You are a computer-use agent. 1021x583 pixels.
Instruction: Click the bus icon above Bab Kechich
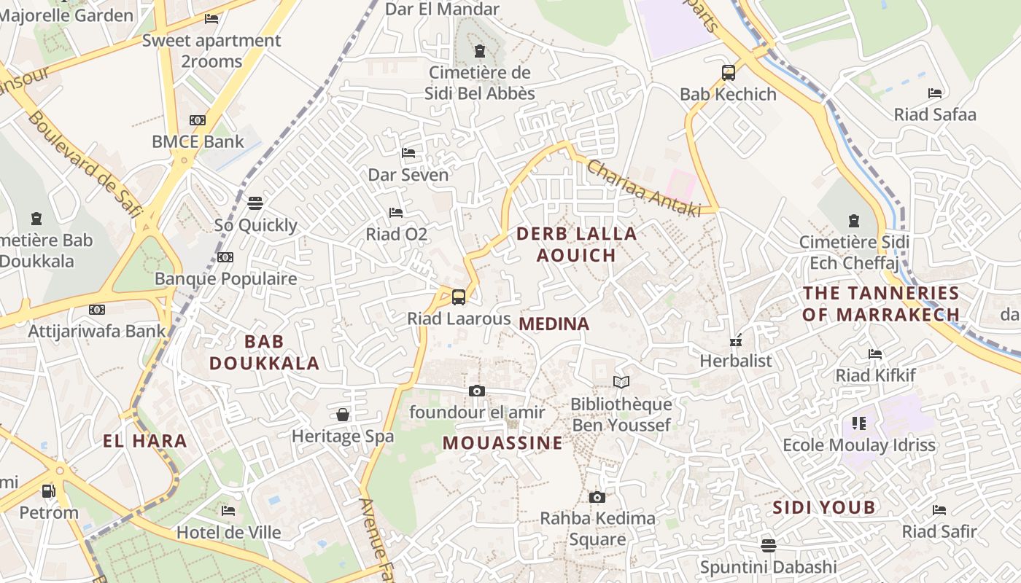[x=728, y=73]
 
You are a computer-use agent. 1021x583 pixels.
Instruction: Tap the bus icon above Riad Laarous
[x=458, y=297]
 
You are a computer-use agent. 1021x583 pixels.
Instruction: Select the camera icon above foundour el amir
[x=477, y=391]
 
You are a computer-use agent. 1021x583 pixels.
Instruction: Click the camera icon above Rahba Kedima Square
[x=597, y=498]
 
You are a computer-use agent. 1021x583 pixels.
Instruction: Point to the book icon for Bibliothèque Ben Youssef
[x=621, y=382]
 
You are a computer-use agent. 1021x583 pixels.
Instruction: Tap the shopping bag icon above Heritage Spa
[x=343, y=415]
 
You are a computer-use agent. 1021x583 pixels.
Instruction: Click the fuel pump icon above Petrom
[x=48, y=491]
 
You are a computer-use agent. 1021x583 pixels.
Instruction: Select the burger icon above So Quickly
[x=255, y=203]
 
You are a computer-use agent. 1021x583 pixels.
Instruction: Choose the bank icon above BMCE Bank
[x=198, y=120]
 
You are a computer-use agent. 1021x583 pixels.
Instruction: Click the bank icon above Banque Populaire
[x=225, y=257]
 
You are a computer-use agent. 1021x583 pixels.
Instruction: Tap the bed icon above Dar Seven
[x=408, y=153]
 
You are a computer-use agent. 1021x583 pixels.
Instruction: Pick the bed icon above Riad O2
[x=396, y=213]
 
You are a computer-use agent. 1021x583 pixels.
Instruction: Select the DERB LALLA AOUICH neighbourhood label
[x=576, y=244]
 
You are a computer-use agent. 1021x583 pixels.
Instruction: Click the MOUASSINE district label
[x=502, y=443]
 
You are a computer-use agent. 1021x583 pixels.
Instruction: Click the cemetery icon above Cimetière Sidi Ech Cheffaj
[x=853, y=220]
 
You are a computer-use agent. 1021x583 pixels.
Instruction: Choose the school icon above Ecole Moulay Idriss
[x=858, y=423]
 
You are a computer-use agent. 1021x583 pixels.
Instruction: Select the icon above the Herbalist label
[x=736, y=340]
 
